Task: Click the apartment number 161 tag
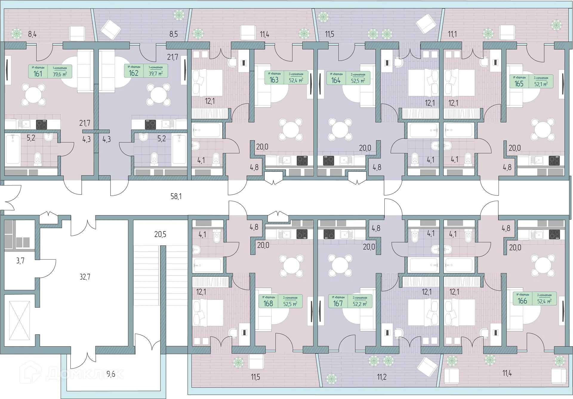click(38, 74)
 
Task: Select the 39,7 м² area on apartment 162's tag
click(155, 73)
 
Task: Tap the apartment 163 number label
click(274, 80)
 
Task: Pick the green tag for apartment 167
click(350, 301)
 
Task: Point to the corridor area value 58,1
click(176, 196)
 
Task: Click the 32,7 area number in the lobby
click(85, 277)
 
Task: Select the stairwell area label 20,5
click(160, 234)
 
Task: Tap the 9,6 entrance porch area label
click(111, 374)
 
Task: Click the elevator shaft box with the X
click(19, 321)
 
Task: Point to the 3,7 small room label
click(20, 261)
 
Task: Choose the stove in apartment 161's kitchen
click(41, 124)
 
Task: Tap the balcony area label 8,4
click(32, 34)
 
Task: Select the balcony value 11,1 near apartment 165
click(452, 34)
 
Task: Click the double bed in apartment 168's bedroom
click(208, 313)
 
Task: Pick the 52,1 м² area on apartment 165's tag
click(541, 84)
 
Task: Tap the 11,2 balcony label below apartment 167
click(382, 377)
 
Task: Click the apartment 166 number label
click(522, 301)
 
